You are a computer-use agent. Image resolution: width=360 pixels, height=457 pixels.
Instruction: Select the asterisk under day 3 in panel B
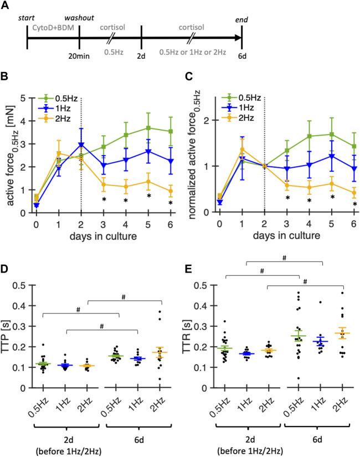[104, 198]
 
